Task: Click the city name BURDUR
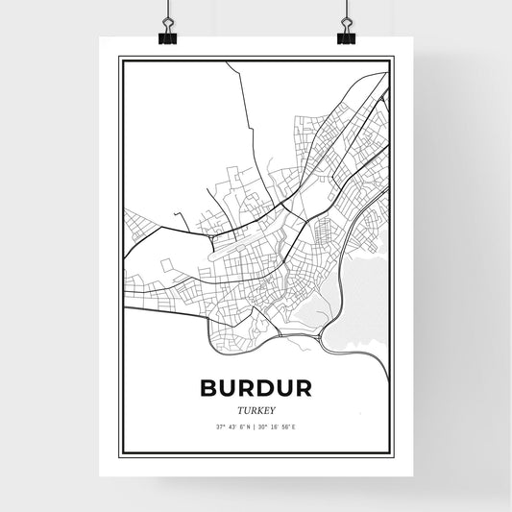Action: click(256, 387)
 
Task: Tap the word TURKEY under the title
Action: click(256, 409)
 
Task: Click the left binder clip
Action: click(167, 36)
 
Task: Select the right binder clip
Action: click(345, 36)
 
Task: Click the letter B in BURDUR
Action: click(210, 387)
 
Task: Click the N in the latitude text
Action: click(246, 426)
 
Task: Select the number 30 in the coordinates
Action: click(264, 426)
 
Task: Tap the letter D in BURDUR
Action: click(265, 387)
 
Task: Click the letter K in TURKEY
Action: click(259, 409)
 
